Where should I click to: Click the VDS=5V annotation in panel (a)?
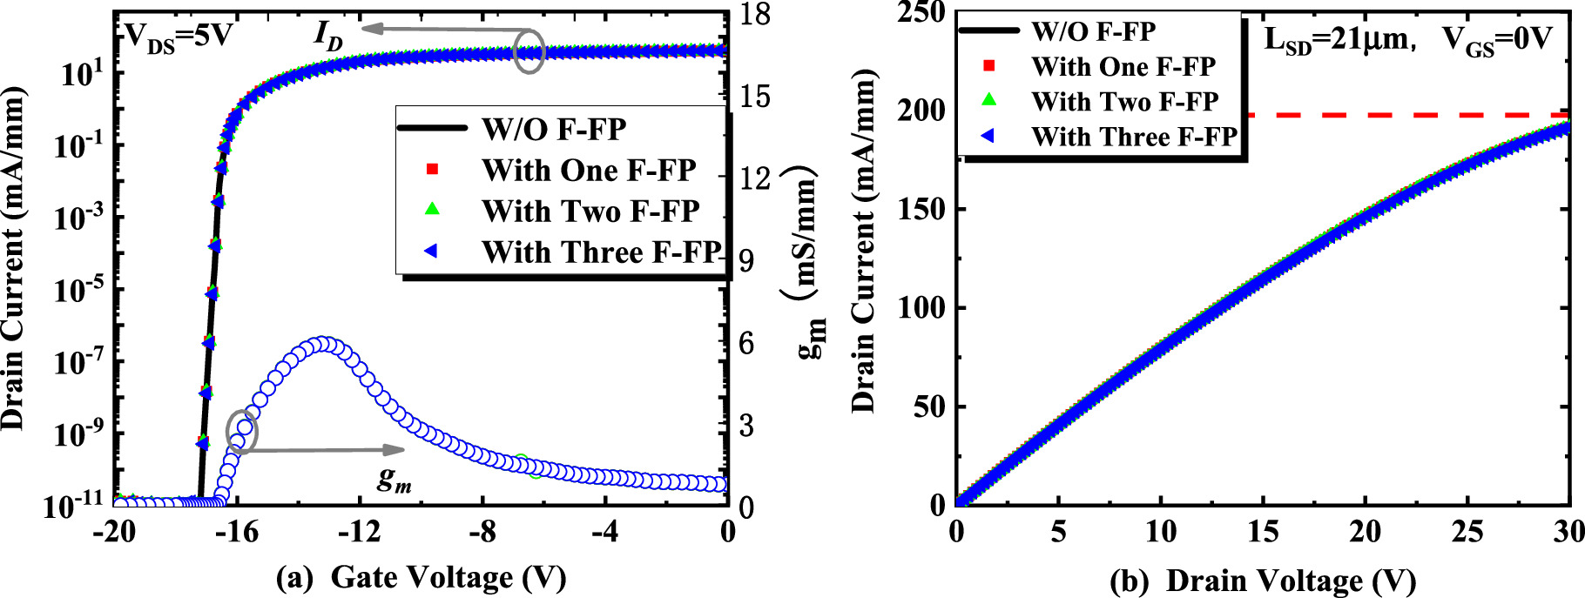point(179,37)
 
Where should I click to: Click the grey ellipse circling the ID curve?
point(529,51)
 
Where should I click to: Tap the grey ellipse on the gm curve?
point(242,432)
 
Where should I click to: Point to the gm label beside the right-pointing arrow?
point(394,478)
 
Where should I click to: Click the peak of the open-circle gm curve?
point(324,344)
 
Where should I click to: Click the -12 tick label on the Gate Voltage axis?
point(360,531)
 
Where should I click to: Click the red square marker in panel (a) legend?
point(430,170)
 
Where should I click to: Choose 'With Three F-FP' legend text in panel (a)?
point(601,252)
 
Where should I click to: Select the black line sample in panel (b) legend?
point(988,31)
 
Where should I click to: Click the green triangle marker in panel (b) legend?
point(988,101)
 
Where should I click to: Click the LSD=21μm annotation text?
point(1335,40)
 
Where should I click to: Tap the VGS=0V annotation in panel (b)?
point(1496,40)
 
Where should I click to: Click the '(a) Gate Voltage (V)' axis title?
point(421,578)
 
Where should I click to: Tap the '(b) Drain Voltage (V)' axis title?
point(1263,580)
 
